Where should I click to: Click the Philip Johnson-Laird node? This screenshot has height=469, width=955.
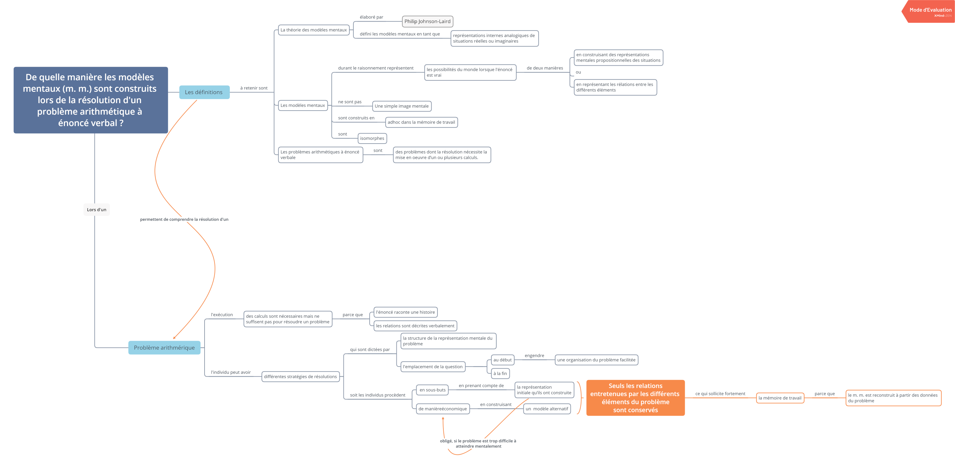(x=428, y=21)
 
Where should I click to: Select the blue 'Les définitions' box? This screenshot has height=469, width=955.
(x=204, y=92)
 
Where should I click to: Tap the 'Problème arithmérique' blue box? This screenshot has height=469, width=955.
(x=164, y=348)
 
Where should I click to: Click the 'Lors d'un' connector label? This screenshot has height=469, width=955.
(x=97, y=210)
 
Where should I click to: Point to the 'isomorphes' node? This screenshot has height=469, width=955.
(x=372, y=138)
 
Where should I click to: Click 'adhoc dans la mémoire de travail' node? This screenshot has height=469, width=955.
(x=421, y=122)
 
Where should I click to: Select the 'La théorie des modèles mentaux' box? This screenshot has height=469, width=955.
(x=314, y=30)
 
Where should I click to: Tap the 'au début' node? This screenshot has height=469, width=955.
(x=502, y=360)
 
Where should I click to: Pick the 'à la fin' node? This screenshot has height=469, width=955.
(x=500, y=374)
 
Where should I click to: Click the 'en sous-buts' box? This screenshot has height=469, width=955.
(x=432, y=390)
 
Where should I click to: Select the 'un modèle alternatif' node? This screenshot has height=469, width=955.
(x=547, y=409)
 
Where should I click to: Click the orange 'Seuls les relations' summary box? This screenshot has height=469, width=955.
(x=636, y=398)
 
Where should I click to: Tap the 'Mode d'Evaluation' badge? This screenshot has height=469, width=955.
(x=929, y=12)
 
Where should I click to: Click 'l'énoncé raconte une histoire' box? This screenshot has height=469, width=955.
(x=406, y=312)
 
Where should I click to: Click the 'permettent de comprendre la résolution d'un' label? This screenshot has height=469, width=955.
(x=184, y=220)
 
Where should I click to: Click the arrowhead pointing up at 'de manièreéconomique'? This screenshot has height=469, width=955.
(x=443, y=418)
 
